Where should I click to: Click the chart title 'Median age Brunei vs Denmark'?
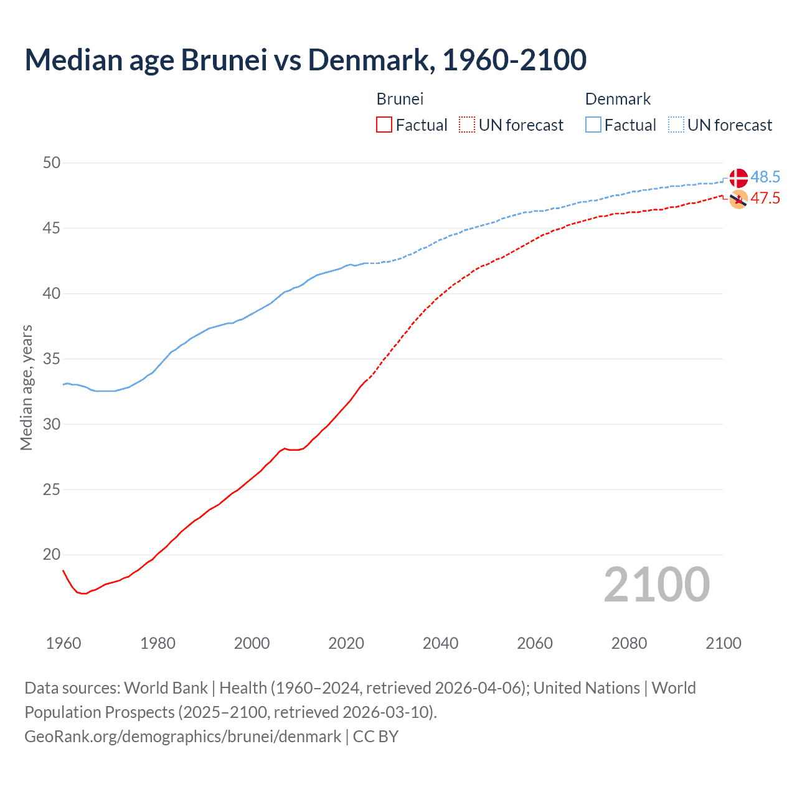305,60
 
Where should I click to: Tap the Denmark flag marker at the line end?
738,177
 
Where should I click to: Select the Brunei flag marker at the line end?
738,199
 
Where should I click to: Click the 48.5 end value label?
765,177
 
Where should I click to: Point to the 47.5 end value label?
765,199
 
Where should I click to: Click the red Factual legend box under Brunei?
384,125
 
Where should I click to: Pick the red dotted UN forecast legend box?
467,125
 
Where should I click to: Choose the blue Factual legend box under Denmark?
593,125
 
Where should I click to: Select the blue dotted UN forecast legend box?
676,125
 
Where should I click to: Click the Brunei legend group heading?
400,99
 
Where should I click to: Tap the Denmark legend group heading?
618,99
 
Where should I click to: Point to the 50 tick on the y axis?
52,163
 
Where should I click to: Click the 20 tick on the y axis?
52,555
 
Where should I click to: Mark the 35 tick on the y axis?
52,359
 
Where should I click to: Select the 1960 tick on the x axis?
64,643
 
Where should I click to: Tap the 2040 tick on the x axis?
440,643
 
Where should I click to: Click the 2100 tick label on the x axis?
723,643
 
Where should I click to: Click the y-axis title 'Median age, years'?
27,387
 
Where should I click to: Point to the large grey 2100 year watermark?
656,585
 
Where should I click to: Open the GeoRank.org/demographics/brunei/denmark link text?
183,737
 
